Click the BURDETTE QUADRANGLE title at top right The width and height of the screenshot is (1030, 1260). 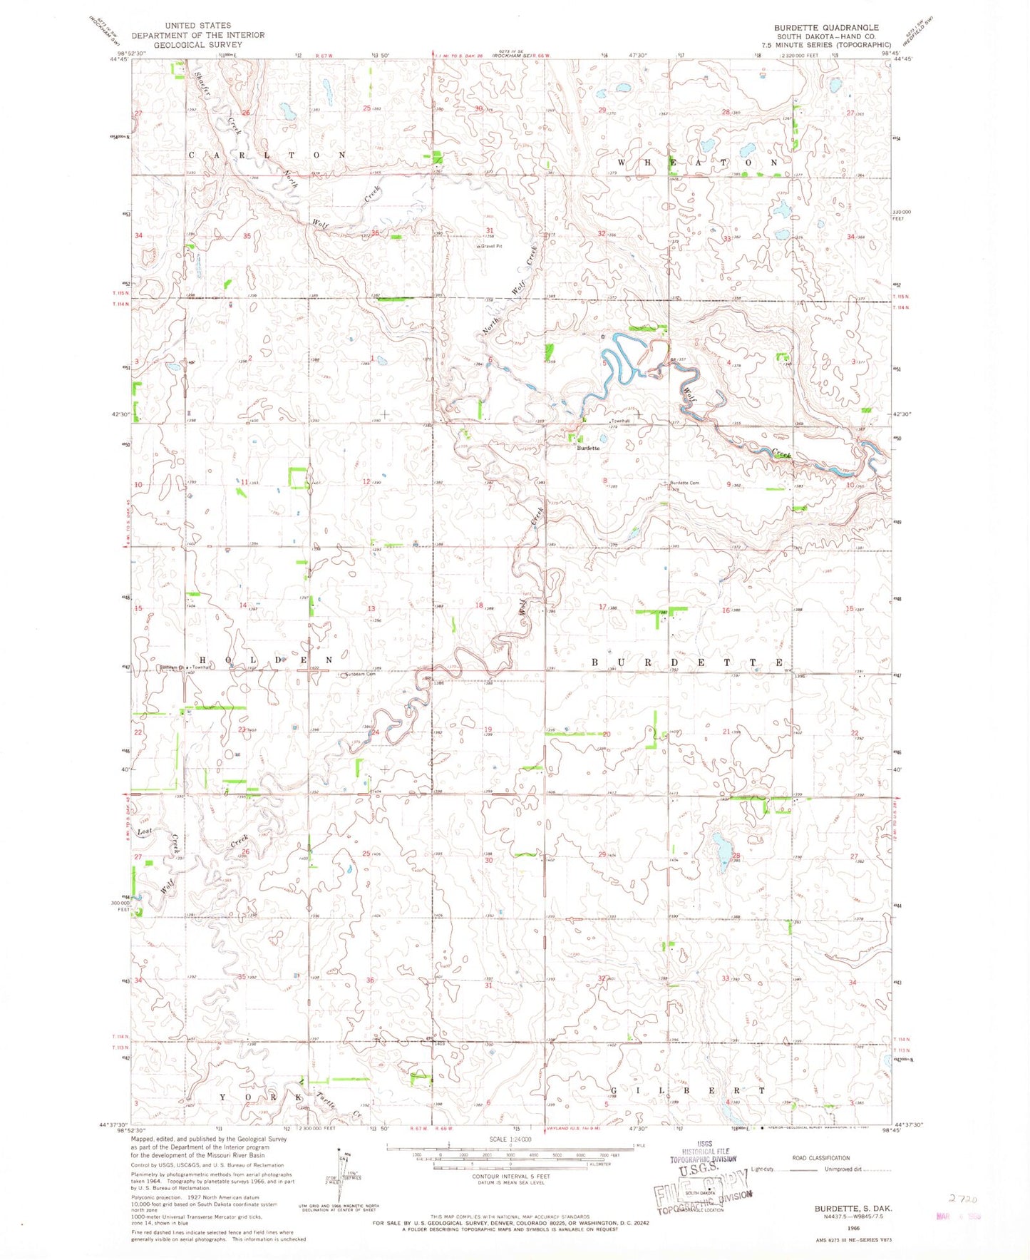click(x=826, y=28)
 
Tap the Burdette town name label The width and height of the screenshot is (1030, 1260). click(x=588, y=448)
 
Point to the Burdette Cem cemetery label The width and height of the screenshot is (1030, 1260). click(x=684, y=483)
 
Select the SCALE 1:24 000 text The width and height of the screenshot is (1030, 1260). click(x=510, y=1139)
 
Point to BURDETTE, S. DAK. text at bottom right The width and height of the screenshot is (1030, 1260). click(x=853, y=1209)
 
